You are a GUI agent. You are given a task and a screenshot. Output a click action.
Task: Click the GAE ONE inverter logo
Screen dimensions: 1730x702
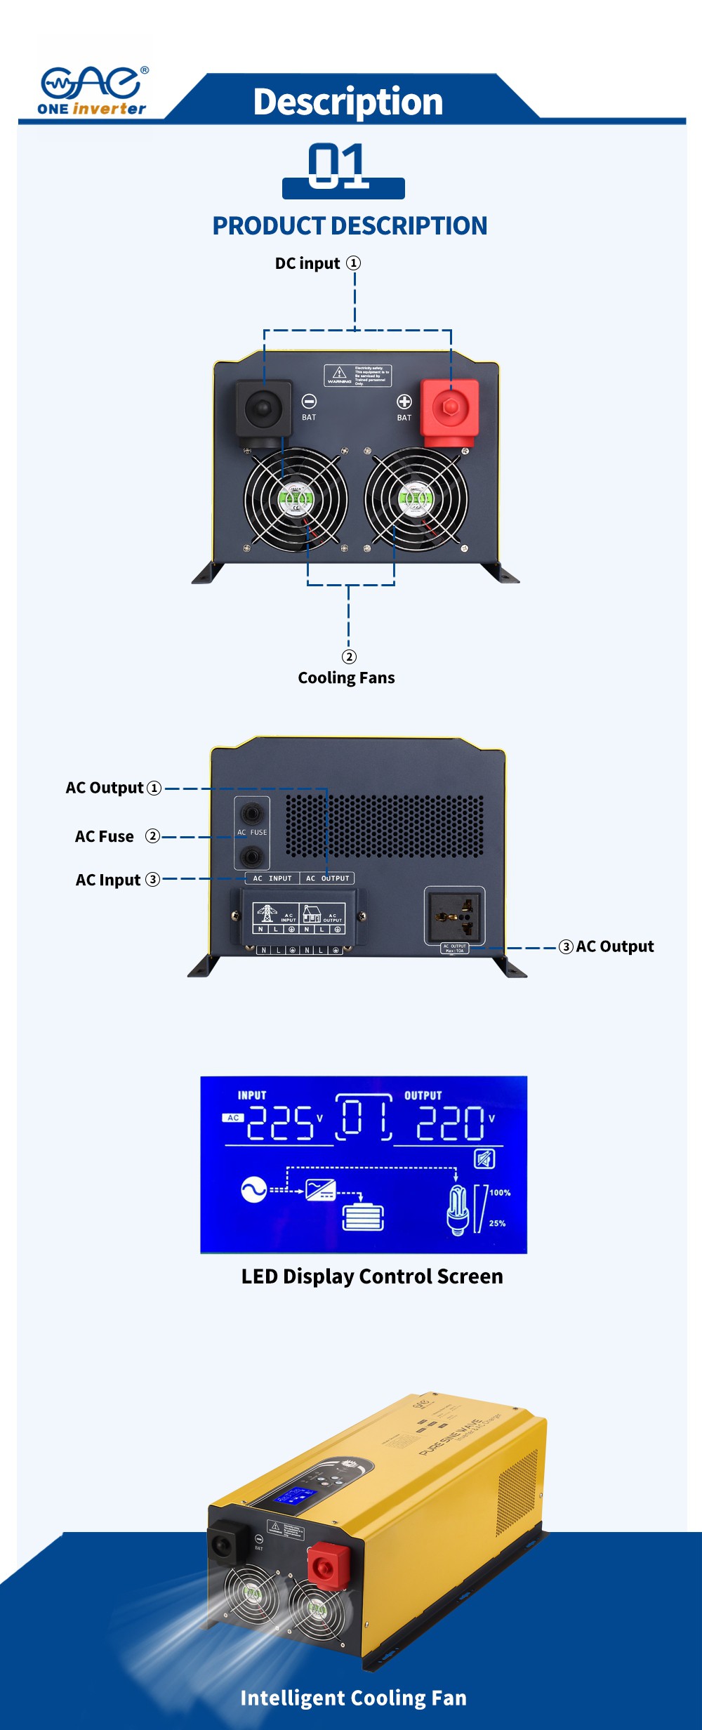[x=93, y=91]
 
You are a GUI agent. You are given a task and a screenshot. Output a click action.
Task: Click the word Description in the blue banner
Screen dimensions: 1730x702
[x=348, y=102]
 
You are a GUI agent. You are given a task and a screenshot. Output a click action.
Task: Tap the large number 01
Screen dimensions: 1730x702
[x=338, y=166]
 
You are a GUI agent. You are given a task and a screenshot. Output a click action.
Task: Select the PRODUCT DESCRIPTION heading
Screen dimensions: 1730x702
[x=350, y=226]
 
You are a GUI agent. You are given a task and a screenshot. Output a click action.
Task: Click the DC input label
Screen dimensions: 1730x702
[x=308, y=263]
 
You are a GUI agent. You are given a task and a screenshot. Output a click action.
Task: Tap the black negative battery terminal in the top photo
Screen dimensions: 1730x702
[x=263, y=409]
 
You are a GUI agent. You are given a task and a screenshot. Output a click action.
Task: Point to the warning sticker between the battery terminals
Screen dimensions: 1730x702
[x=357, y=376]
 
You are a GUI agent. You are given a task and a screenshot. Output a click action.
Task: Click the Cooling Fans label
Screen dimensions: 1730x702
[x=346, y=678]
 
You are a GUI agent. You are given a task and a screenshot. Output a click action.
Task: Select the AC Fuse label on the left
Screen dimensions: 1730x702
[x=105, y=836]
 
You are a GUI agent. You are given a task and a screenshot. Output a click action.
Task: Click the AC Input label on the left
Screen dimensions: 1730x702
[x=108, y=880]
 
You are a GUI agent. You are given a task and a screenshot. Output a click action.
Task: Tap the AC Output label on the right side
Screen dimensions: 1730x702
[x=614, y=946]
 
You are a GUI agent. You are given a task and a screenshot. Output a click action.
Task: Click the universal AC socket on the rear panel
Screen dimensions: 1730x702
[x=455, y=916]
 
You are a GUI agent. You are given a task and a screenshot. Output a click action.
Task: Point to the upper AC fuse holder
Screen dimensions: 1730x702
[x=251, y=814]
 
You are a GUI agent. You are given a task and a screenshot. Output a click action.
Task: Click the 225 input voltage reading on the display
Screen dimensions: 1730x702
[x=280, y=1123]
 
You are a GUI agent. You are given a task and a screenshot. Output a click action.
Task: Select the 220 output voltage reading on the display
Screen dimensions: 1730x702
[x=450, y=1123]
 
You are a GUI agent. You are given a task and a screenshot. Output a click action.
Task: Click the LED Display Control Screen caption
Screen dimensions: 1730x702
[x=372, y=1276]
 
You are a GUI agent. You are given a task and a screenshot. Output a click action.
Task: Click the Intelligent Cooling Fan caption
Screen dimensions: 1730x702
[x=353, y=1698]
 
